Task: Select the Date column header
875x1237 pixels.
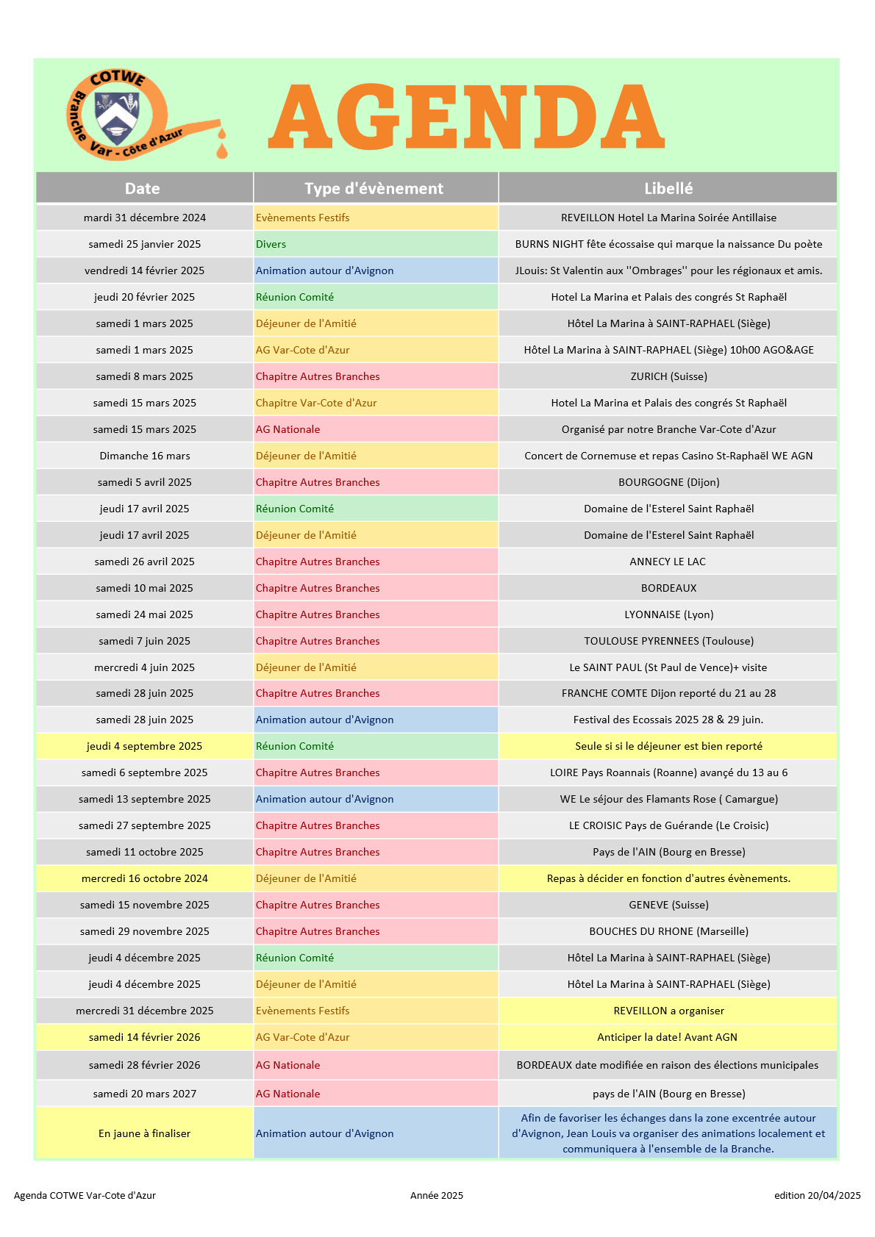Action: [x=143, y=188]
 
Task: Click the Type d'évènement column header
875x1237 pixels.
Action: [x=374, y=188]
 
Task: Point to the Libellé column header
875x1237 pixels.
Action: [x=668, y=188]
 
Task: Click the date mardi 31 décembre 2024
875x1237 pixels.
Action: [x=145, y=218]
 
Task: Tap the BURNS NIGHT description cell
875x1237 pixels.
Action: [x=668, y=244]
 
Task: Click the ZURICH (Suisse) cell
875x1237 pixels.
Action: [x=668, y=376]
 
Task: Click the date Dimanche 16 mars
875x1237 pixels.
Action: [x=145, y=456]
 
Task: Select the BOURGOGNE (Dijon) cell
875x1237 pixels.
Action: [x=668, y=482]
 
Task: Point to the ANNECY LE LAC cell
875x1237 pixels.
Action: [x=668, y=562]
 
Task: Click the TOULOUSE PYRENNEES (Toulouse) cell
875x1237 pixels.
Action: [x=668, y=641]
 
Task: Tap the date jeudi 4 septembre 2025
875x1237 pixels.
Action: [x=145, y=746]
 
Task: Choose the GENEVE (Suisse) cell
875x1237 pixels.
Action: [x=668, y=905]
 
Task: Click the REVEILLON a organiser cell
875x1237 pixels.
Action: [x=668, y=1011]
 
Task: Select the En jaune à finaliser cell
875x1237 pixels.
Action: [x=145, y=1133]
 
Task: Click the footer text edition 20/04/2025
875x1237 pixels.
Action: [x=817, y=1195]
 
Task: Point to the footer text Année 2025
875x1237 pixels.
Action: [x=437, y=1195]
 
